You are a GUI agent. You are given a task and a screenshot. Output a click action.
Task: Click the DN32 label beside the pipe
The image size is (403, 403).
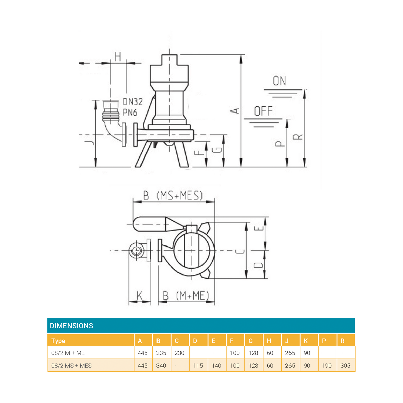pyautogui.click(x=132, y=102)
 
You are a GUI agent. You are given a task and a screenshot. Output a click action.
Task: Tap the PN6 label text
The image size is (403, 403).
pyautogui.click(x=130, y=113)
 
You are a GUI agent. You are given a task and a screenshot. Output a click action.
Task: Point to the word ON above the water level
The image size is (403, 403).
pyautogui.click(x=279, y=81)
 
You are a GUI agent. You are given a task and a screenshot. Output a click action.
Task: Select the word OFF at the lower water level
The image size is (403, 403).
pyautogui.click(x=263, y=111)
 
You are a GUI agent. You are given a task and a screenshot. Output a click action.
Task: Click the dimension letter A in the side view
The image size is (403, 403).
pyautogui.click(x=236, y=110)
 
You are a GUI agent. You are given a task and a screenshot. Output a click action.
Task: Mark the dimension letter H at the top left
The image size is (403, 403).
pyautogui.click(x=118, y=57)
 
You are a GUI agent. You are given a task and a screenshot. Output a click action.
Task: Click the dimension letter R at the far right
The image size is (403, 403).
pyautogui.click(x=299, y=137)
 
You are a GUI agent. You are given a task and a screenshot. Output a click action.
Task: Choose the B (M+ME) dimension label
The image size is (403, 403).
pyautogui.click(x=186, y=296)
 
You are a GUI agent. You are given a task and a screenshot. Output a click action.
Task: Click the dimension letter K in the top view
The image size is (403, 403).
pyautogui.click(x=140, y=296)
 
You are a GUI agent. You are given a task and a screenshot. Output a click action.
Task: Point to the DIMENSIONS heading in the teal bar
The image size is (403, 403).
pyautogui.click(x=72, y=326)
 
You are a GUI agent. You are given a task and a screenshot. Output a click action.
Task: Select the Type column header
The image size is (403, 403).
pyautogui.click(x=58, y=341)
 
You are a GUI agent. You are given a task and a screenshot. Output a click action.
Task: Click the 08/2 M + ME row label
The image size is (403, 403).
pyautogui.click(x=68, y=353)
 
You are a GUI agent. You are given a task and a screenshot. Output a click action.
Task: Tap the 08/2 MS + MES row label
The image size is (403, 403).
pyautogui.click(x=72, y=366)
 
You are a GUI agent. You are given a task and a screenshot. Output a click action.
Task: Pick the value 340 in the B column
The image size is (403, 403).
pyautogui.click(x=161, y=366)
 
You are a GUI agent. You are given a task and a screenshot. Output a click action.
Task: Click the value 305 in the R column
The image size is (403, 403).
pyautogui.click(x=345, y=366)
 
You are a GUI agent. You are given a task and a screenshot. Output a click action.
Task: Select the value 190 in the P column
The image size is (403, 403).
pyautogui.click(x=327, y=366)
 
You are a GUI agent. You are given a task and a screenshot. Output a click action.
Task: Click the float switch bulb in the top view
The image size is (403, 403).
pyautogui.click(x=150, y=224)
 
